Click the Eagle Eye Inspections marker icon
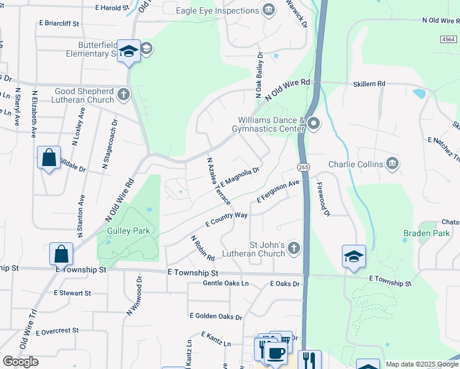(268, 10)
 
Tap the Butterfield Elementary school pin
(129, 52)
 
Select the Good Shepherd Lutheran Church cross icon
(124, 95)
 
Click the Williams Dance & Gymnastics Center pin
(314, 124)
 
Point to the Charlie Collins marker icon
(392, 164)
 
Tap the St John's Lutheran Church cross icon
(294, 248)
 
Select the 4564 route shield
(449, 39)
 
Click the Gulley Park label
(129, 231)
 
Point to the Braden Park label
(418, 233)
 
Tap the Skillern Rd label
(369, 84)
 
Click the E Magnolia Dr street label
(238, 177)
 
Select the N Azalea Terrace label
(218, 181)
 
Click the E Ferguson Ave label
(278, 191)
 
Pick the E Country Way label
(226, 220)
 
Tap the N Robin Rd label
(202, 248)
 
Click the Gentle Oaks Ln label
(226, 284)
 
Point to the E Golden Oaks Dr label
(216, 316)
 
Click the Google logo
(20, 362)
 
